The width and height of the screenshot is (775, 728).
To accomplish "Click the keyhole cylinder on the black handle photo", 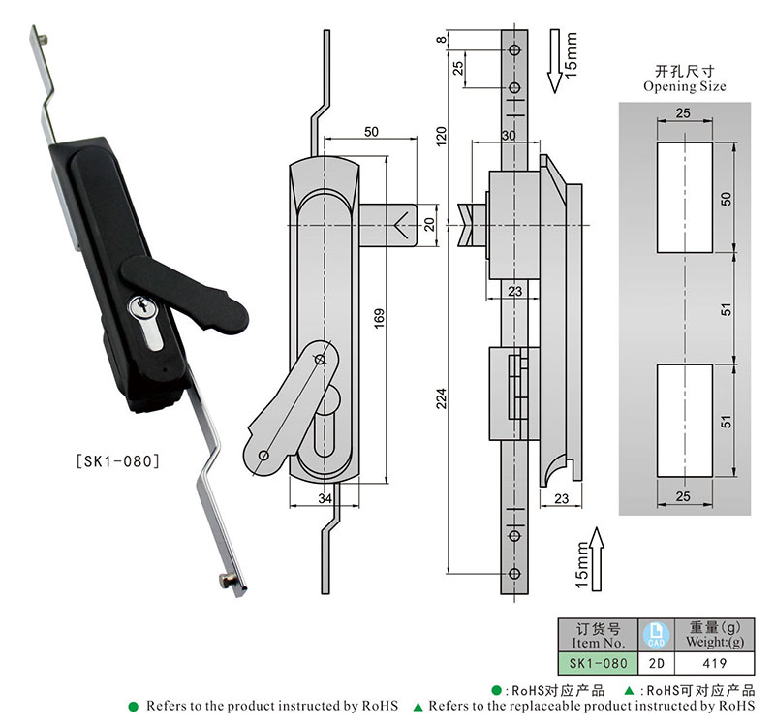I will click(141, 308).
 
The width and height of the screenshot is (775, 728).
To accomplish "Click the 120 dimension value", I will click(442, 135).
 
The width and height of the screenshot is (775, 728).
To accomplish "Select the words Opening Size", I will click(684, 86).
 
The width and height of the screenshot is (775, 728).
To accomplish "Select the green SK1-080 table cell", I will click(593, 664).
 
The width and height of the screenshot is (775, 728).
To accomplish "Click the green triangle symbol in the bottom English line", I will click(418, 707).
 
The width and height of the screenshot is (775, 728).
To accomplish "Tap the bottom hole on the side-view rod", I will click(513, 575).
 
